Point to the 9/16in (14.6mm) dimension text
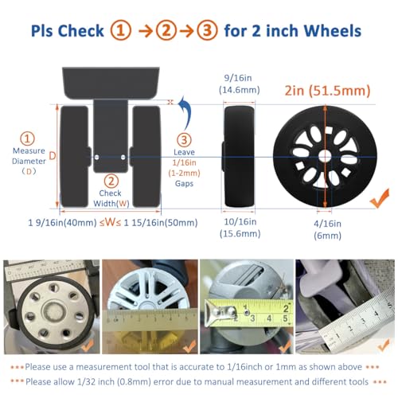(239, 85)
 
